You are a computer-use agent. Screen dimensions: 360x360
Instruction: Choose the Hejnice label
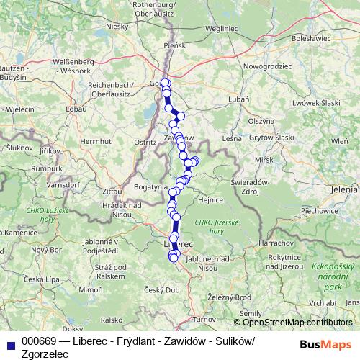pyautogui.click(x=212, y=201)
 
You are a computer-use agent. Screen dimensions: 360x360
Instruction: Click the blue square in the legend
pyautogui.click(x=10, y=342)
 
